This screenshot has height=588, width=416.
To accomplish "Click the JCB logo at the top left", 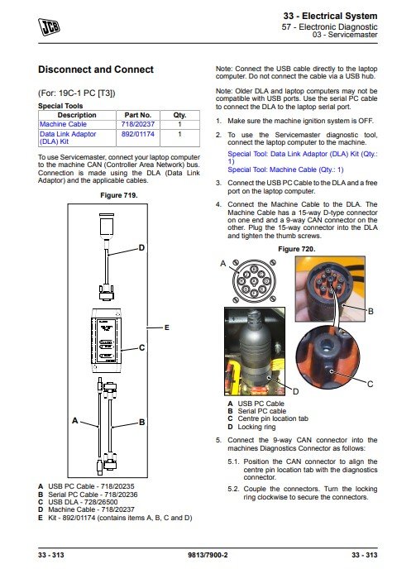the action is (x=49, y=26).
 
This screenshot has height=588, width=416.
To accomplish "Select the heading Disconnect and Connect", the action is (x=96, y=69).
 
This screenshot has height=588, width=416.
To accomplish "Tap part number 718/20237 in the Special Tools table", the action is (x=137, y=124).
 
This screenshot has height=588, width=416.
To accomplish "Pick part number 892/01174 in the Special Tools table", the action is (x=137, y=134).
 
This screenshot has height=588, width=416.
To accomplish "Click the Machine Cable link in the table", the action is (x=63, y=124).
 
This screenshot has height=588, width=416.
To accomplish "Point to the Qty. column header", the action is (x=179, y=115).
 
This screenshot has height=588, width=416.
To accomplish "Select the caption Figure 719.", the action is (x=119, y=195).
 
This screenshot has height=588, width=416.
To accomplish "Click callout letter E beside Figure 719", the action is (x=167, y=327).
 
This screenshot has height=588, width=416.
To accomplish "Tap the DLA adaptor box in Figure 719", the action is (x=107, y=341).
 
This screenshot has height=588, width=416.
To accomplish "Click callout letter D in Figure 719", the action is (x=141, y=247).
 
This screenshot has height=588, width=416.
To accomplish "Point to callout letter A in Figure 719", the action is (x=75, y=421).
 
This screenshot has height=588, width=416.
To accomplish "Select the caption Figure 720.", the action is (x=297, y=249).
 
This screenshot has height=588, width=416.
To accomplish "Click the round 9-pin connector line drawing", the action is (x=254, y=281).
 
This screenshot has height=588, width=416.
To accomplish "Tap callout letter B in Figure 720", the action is (x=371, y=311).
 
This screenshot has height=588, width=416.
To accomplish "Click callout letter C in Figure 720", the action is (x=371, y=384).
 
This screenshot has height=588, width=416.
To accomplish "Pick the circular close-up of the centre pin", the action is (x=328, y=357).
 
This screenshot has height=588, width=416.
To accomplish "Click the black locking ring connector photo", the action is (x=255, y=351).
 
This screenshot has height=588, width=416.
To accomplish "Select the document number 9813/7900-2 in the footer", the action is (x=208, y=555).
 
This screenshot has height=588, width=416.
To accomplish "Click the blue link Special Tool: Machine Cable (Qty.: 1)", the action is (x=285, y=170).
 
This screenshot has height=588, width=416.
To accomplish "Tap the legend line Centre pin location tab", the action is (x=273, y=418).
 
